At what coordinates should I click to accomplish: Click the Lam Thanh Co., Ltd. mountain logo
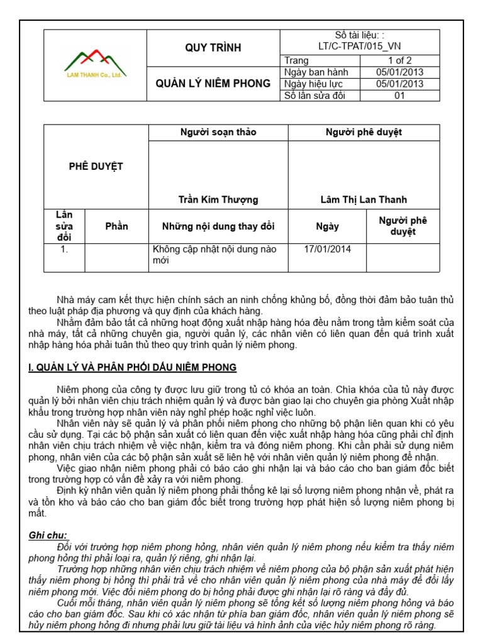95,64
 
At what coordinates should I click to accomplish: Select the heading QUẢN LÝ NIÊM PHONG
213,84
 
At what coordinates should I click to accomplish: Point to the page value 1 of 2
399,60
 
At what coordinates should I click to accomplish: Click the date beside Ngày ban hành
399,72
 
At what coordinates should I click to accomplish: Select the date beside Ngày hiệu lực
399,84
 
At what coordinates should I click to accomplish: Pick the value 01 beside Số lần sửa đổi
399,96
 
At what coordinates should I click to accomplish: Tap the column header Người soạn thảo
218,132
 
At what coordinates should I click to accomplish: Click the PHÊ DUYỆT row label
96,167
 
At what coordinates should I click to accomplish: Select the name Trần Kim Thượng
218,200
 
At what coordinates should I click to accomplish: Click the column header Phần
116,226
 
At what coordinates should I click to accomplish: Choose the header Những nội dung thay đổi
218,226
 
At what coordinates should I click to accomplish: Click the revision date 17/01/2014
327,250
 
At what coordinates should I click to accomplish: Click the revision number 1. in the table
63,250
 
